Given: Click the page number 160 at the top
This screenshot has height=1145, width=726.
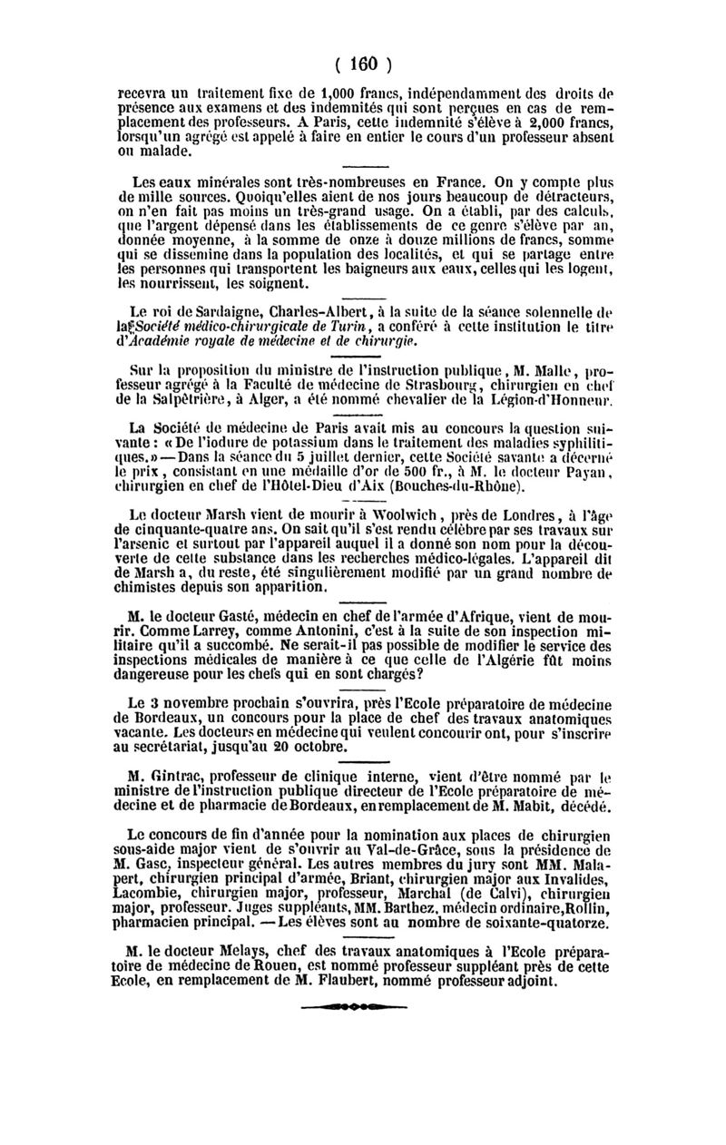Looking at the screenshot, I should [x=363, y=64].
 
